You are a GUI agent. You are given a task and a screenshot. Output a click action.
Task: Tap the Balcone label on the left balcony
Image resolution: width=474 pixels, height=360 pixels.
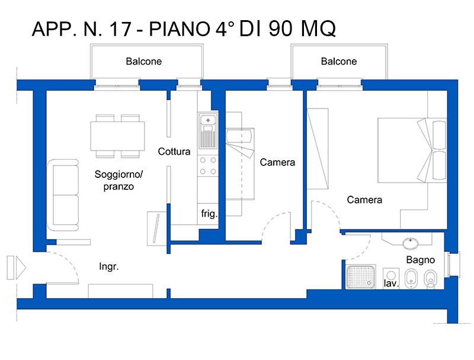pyautogui.click(x=143, y=62)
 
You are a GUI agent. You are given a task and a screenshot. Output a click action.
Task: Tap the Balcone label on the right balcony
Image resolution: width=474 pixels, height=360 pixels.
pyautogui.click(x=338, y=62)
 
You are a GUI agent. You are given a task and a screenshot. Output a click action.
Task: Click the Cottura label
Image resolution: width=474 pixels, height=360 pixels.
pyautogui.click(x=174, y=151)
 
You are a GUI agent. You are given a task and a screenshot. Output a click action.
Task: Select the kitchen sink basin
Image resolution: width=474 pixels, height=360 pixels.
pyautogui.click(x=208, y=120)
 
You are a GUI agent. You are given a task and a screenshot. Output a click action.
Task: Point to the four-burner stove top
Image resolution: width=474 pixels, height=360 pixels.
pyautogui.click(x=208, y=166)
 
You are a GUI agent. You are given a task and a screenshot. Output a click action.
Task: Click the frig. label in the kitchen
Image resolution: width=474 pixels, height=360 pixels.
pyautogui.click(x=209, y=214)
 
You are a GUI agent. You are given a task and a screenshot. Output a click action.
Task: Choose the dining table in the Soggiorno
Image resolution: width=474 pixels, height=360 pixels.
pyautogui.click(x=117, y=136)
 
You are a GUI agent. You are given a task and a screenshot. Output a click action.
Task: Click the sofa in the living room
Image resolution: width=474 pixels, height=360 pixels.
pyautogui.click(x=63, y=195)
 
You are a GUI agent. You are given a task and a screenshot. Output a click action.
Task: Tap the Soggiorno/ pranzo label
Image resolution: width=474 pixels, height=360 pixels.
pyautogui.click(x=118, y=180)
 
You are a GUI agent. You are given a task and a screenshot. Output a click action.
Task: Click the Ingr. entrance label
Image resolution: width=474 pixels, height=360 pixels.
pyautogui.click(x=109, y=266)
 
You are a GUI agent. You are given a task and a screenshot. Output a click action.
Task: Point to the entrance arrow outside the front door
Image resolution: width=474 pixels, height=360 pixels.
pyautogui.click(x=17, y=267)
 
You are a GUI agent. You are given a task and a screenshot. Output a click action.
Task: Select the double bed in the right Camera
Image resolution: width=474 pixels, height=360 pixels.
pyautogui.click(x=412, y=151)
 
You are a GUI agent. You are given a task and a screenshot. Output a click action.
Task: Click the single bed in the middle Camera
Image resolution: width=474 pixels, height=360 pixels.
pyautogui.click(x=241, y=164)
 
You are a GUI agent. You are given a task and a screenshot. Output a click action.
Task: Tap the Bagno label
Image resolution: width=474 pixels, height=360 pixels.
pyautogui.click(x=421, y=260)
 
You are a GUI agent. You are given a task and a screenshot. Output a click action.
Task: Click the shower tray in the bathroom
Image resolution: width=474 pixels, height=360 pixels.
pyautogui.click(x=361, y=276)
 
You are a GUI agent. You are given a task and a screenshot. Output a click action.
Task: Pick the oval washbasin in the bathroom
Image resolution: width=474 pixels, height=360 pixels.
pyautogui.click(x=411, y=243)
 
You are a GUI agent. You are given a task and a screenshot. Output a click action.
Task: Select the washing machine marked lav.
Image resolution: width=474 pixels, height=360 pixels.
pyautogui.click(x=391, y=278)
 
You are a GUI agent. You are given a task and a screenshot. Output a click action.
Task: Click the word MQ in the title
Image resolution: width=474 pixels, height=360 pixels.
pyautogui.click(x=318, y=29)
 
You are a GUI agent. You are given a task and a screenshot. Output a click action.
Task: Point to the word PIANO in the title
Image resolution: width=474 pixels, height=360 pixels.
pyautogui.click(x=180, y=28)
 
